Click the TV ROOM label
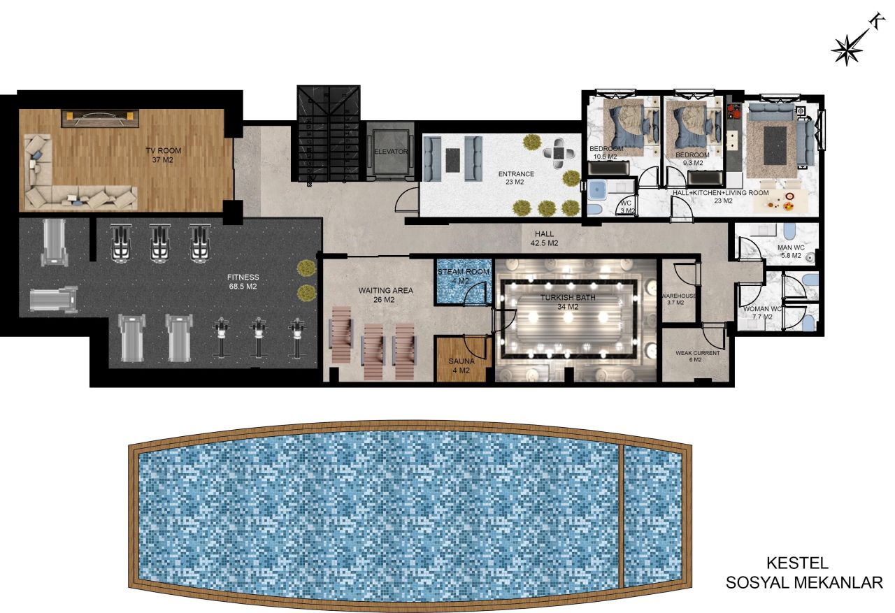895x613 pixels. point(162,150)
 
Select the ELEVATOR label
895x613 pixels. point(390,151)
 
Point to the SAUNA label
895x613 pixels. point(461,361)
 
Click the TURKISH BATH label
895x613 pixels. point(567,297)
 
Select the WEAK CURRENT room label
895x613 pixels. point(697,353)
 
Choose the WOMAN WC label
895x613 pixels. point(762,308)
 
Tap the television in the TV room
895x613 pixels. point(98,118)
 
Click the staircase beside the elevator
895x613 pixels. point(327,134)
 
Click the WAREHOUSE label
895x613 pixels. point(678,296)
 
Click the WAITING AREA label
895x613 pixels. point(386,290)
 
